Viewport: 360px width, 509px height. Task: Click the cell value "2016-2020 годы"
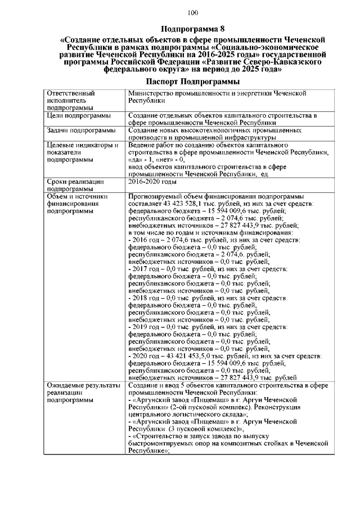[152, 182]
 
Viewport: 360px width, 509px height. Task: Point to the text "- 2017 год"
[146, 269]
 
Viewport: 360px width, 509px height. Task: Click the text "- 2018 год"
[146, 298]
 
